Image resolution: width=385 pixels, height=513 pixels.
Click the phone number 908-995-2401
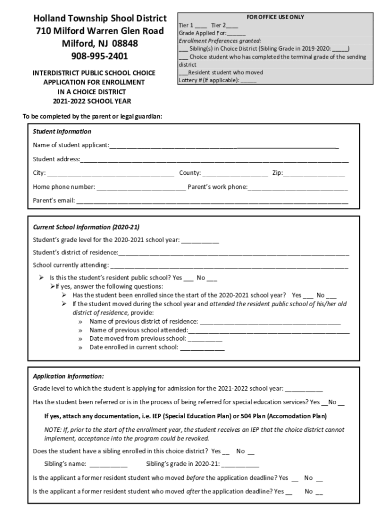pyautogui.click(x=99, y=56)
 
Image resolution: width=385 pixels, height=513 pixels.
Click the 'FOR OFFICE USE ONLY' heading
pyautogui.click(x=275, y=17)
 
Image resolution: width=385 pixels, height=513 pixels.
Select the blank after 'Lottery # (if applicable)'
pyautogui.click(x=248, y=81)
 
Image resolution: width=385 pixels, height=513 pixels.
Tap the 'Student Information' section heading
pyautogui.click(x=62, y=132)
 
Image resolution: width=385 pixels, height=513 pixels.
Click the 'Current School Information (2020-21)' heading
pyautogui.click(x=82, y=227)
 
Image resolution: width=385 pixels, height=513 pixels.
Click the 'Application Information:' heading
pyautogui.click(x=68, y=376)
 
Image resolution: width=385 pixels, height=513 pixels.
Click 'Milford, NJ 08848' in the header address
pyautogui.click(x=99, y=43)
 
